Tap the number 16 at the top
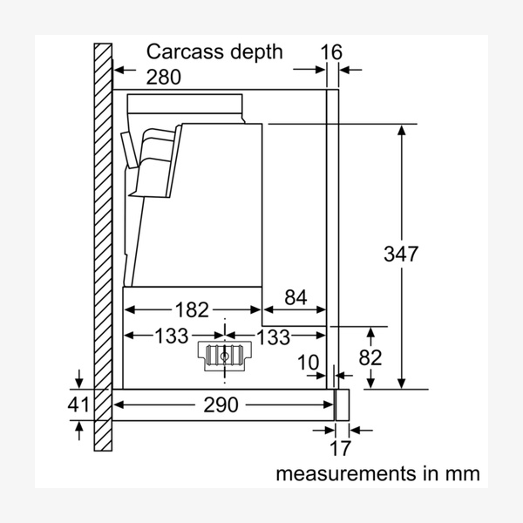331,51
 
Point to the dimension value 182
192,309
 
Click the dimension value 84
295,298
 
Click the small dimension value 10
308,361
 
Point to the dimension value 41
79,404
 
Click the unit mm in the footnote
462,474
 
